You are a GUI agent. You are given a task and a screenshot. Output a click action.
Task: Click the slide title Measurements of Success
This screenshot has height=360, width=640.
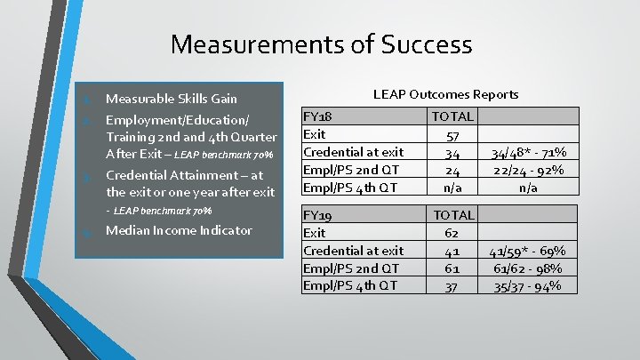point(321,44)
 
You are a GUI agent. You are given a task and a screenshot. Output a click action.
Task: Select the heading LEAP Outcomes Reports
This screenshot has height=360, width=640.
point(445,93)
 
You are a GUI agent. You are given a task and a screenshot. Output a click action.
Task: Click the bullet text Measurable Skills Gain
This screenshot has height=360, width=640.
point(171,98)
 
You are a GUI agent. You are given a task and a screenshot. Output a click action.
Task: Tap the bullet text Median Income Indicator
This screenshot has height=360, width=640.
point(179,231)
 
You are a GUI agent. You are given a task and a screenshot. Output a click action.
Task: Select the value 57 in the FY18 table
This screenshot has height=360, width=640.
point(452,134)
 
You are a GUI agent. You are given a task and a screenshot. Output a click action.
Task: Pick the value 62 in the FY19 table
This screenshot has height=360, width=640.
point(452,233)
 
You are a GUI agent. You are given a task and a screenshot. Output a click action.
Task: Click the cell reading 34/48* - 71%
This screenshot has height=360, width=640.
point(530,152)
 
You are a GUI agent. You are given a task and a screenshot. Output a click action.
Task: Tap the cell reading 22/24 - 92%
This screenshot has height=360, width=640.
point(530,170)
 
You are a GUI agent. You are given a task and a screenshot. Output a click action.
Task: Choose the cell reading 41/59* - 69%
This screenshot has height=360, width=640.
point(530,251)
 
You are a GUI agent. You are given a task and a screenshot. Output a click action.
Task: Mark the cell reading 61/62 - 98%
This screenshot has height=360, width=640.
point(530,268)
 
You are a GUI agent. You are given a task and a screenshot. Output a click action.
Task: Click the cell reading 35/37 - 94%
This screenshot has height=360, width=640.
point(530,285)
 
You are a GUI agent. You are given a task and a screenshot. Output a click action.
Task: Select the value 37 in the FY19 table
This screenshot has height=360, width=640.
point(452,285)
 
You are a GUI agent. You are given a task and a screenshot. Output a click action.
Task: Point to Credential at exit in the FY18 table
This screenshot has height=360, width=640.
point(353,152)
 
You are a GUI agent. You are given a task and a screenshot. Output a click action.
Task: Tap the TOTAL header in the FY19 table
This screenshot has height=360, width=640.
point(452,215)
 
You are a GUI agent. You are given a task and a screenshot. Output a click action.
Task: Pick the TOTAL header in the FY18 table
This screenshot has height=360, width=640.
point(452,116)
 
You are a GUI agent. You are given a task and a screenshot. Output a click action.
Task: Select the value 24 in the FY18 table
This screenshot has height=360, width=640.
point(452,170)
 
